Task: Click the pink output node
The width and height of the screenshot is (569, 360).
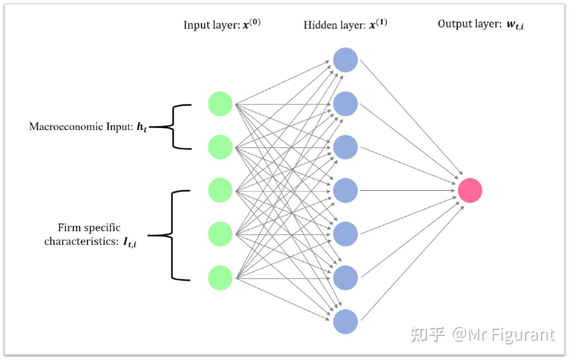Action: tap(470, 190)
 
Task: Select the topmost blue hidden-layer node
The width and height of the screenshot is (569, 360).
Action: tap(346, 60)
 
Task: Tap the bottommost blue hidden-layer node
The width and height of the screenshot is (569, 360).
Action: tap(346, 322)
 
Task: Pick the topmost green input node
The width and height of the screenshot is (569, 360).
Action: tap(220, 104)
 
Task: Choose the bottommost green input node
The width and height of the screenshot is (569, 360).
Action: tap(220, 278)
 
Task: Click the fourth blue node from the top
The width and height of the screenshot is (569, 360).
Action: tap(346, 190)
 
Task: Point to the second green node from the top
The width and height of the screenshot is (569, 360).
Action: tap(220, 147)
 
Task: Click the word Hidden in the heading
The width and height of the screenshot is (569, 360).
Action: tap(319, 25)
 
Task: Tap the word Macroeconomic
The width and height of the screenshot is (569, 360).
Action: tap(67, 127)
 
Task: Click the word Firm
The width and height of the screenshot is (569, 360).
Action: tap(67, 227)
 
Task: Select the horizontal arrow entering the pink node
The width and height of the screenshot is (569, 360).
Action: tap(407, 190)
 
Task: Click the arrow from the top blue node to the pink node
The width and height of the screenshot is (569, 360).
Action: tap(411, 117)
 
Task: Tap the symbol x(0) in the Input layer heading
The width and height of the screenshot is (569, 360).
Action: tap(252, 24)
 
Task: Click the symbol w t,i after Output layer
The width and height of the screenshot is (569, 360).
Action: tap(515, 25)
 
